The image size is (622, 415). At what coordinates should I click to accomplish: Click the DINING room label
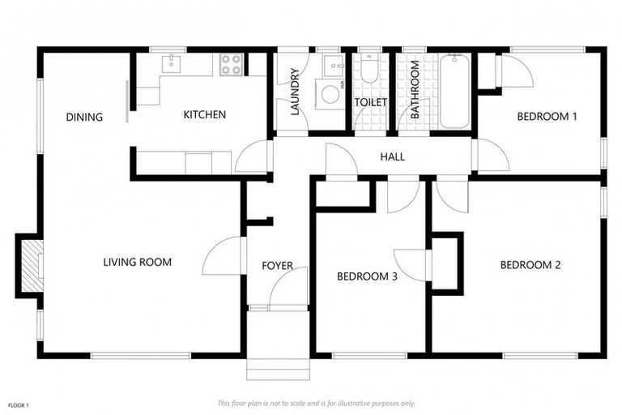point(84,117)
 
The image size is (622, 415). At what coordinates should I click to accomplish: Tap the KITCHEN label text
point(204,114)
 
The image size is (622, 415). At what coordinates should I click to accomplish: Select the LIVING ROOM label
point(137,262)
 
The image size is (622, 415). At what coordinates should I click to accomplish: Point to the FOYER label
point(277,266)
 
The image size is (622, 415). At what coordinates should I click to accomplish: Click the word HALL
point(392,156)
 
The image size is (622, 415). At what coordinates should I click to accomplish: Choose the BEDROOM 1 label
point(547,117)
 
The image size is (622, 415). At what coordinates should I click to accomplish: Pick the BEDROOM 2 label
point(530,265)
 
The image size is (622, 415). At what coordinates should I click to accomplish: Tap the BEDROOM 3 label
point(367,276)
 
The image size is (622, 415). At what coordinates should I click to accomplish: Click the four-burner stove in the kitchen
point(231,65)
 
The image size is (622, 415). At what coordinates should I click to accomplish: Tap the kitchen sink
point(173,64)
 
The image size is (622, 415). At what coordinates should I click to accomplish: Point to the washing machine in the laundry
point(330,94)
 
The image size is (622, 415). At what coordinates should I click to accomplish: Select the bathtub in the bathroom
point(454,91)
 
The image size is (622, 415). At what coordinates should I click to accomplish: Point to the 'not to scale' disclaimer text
point(316,403)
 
